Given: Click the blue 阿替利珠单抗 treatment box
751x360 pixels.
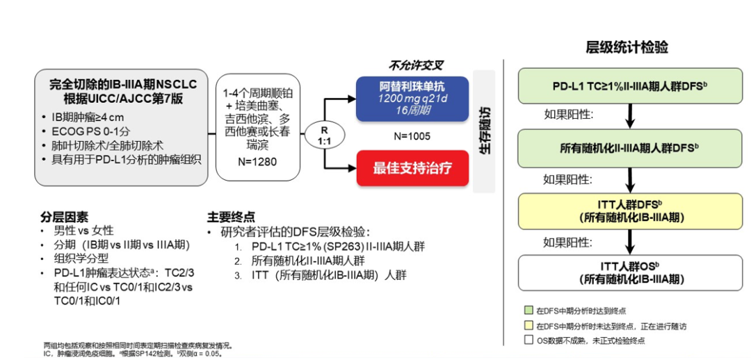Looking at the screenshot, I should click(x=412, y=99).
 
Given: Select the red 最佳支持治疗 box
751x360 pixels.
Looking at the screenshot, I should click(x=412, y=168).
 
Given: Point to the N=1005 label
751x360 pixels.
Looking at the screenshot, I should click(x=411, y=136).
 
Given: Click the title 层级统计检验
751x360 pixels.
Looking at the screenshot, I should click(x=627, y=47).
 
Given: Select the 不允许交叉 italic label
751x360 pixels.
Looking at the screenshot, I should click(x=417, y=66).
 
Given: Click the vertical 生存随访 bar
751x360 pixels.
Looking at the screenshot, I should click(x=484, y=131).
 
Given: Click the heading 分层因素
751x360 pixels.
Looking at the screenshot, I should click(x=65, y=216).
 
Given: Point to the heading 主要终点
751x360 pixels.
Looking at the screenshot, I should click(x=231, y=216).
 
